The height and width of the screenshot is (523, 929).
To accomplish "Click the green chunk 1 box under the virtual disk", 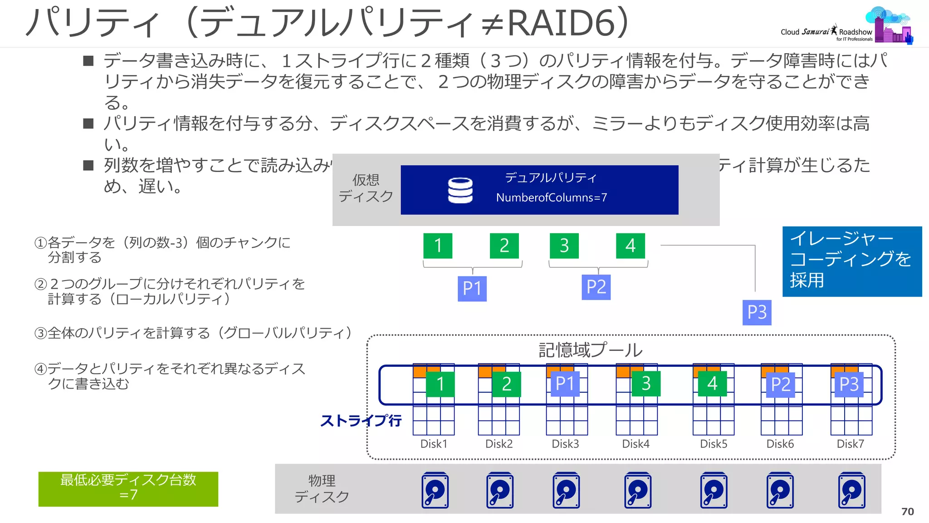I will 438,246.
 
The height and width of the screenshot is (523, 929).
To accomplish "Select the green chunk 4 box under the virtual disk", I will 630,246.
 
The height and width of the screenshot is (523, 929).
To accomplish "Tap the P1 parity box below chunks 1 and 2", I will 472,288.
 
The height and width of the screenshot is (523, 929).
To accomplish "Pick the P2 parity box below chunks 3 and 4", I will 596,287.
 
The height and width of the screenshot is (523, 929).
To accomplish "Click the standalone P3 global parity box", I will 757,312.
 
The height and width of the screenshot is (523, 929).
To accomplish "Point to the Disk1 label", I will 434,444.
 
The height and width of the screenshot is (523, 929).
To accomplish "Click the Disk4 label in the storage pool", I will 636,444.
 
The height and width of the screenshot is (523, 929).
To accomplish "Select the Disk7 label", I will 850,444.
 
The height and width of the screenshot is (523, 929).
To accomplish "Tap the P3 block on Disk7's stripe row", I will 849,384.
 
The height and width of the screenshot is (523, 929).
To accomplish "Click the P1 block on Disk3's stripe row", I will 565,383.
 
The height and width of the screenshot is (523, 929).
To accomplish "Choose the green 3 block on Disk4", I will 646,383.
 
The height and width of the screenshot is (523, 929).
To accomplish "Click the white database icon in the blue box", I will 460,190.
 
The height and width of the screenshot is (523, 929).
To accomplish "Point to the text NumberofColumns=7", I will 551,197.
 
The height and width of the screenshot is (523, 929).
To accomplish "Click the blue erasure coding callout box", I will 852,261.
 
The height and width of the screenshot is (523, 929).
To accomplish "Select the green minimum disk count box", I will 128,488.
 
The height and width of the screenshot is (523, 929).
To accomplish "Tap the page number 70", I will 907,512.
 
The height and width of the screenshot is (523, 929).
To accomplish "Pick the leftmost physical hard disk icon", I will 435,490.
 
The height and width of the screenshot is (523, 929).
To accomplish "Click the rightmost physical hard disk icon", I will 851,490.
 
